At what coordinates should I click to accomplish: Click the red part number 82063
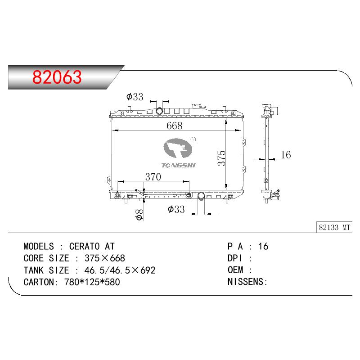pos(57,77)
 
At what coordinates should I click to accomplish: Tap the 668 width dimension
pos(175,126)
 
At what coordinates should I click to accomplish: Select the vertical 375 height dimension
pos(221,158)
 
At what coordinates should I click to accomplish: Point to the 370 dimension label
pos(153,177)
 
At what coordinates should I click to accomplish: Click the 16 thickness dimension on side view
pos(286,155)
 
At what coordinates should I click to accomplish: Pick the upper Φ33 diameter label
pos(135,97)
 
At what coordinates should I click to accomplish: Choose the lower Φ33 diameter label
pos(176,209)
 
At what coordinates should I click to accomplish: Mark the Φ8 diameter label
pos(139,215)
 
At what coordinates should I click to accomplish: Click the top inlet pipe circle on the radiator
pos(159,111)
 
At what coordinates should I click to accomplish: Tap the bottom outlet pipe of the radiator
pos(201,196)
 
